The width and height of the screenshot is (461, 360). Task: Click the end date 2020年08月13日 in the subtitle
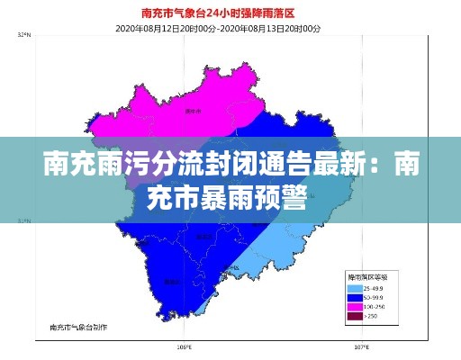[269, 29]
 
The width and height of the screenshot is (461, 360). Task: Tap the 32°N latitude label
[24, 36]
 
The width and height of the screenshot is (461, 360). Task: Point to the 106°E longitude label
[185, 346]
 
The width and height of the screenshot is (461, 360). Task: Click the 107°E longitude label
[361, 346]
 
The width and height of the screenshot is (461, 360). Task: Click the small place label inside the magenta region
[191, 112]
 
